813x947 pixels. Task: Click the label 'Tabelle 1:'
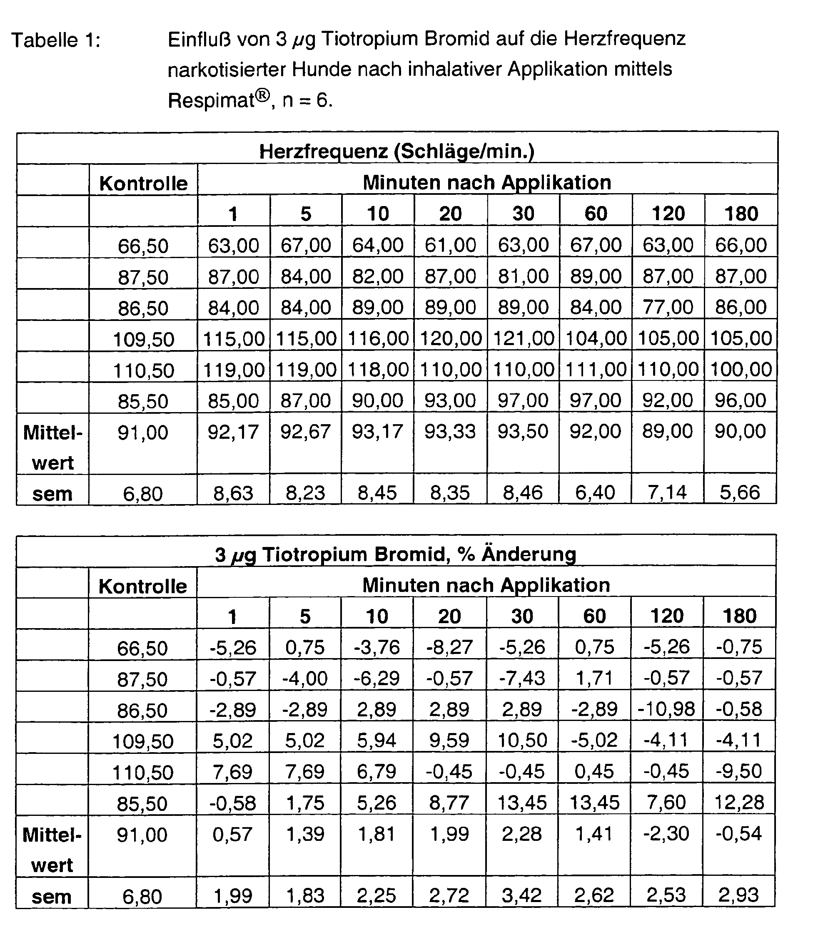(x=56, y=41)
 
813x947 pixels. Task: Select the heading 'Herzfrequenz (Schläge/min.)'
(x=397, y=151)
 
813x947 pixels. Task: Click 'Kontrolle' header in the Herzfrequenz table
(x=143, y=183)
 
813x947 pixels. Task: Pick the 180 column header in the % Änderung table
(x=740, y=616)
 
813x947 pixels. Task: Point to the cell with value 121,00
(x=524, y=339)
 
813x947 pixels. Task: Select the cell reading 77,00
(x=668, y=307)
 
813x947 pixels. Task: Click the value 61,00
(x=450, y=245)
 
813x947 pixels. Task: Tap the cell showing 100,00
(x=741, y=369)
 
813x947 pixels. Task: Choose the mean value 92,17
(x=233, y=432)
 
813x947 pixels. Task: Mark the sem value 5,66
(x=740, y=493)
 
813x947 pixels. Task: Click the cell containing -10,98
(x=667, y=709)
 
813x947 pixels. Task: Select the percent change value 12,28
(x=739, y=803)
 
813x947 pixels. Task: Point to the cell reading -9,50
(x=739, y=771)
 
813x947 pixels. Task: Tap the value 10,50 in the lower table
(x=522, y=741)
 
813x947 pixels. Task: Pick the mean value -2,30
(x=667, y=834)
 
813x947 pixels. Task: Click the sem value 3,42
(x=522, y=895)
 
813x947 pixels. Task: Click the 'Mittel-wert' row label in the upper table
(x=53, y=447)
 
